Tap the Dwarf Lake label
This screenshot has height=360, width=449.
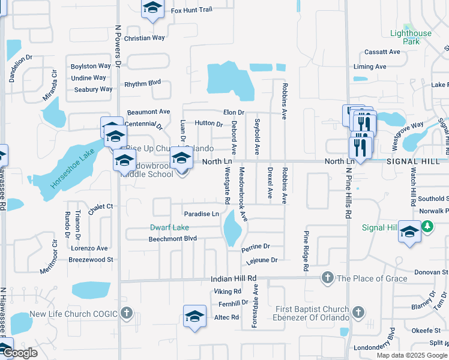[169, 227]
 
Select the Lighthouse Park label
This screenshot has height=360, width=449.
[411, 37]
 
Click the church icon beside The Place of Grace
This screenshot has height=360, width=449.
[327, 277]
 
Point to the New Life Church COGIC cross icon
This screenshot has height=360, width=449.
[126, 313]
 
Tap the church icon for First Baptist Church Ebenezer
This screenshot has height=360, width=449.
[358, 312]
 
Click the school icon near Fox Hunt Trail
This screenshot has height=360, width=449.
[152, 8]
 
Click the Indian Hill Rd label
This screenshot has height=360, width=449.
[234, 279]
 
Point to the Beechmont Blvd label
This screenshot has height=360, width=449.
[173, 239]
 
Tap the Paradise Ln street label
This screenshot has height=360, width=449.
[201, 214]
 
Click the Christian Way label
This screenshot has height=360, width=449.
[144, 38]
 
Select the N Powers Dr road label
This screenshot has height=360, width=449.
[118, 48]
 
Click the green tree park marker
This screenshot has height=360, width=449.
[427, 226]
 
